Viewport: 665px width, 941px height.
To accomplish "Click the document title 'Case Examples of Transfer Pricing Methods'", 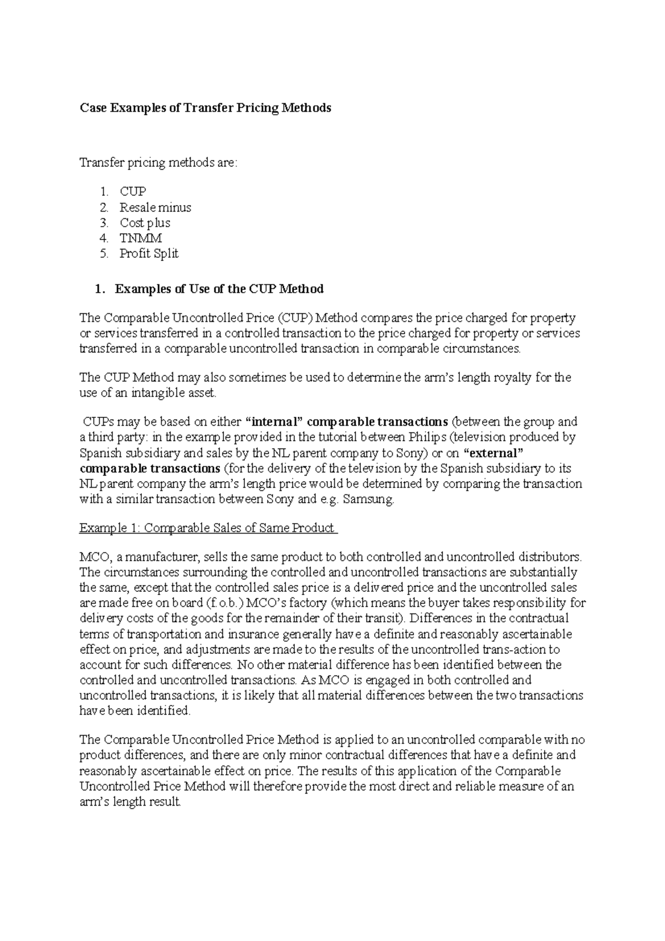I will [x=206, y=108].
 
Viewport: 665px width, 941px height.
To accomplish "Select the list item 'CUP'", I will [x=132, y=192].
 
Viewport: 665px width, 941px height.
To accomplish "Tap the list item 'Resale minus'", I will [x=155, y=207].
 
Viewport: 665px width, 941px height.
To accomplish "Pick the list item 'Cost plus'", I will [x=145, y=223].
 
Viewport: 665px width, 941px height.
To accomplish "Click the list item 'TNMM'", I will [x=141, y=238].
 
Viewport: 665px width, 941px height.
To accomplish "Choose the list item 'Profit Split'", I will [x=149, y=254].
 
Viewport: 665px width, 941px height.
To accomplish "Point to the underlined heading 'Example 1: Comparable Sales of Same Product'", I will [x=208, y=528].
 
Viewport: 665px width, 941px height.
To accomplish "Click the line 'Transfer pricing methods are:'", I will [x=158, y=163].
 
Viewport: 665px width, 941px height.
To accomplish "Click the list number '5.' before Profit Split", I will [x=105, y=254].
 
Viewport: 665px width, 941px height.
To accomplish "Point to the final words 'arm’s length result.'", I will [x=130, y=802].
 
